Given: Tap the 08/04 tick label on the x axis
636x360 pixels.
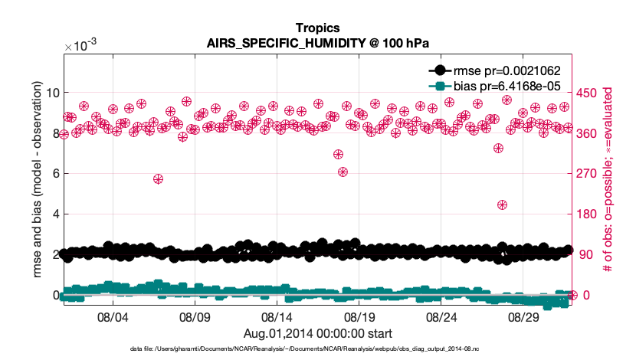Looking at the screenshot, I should click(113, 316).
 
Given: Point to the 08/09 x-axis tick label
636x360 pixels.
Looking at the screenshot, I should click(195, 316).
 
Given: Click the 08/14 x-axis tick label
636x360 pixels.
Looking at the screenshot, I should click(277, 316).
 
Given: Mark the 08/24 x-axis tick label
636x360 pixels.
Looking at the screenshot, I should click(442, 316).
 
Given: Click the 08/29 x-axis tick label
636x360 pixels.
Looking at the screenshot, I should click(524, 316).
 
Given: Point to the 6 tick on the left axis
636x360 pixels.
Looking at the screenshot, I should click(53, 174).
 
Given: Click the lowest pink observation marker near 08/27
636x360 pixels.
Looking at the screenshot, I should click(502, 205).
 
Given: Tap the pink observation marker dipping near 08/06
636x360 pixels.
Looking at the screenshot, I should click(158, 179).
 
